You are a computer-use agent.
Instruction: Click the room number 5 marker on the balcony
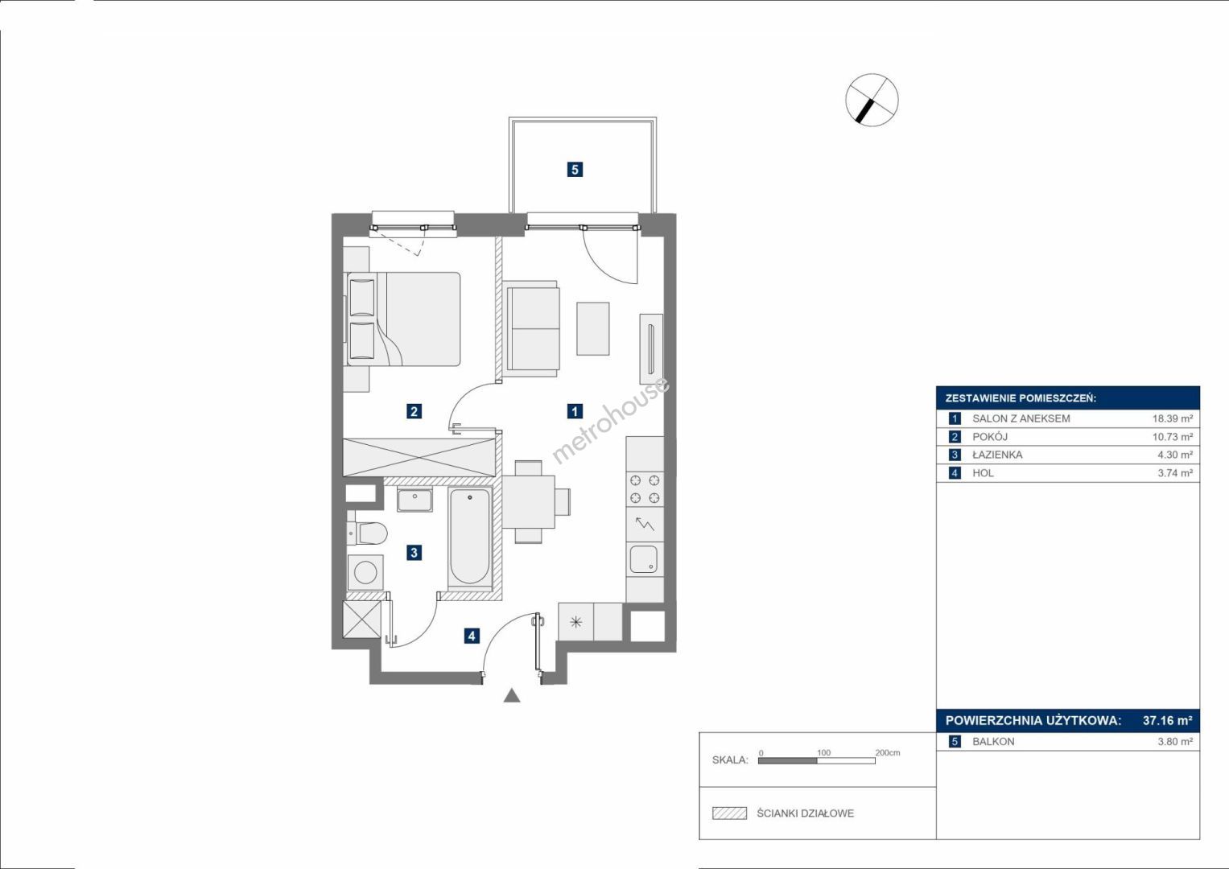[575, 170]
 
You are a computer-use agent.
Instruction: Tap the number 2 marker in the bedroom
[414, 411]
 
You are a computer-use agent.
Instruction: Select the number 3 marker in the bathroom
[414, 553]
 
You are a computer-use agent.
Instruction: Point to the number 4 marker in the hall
[472, 636]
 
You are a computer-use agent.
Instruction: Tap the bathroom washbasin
[414, 499]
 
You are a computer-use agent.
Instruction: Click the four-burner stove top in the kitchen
[645, 489]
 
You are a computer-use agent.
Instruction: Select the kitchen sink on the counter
[644, 559]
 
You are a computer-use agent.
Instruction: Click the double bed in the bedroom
[402, 319]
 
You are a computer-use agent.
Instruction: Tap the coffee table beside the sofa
[592, 328]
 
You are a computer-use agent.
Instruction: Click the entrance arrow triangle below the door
[512, 695]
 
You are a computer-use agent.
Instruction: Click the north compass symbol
[872, 100]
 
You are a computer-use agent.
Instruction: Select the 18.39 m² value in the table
[1173, 418]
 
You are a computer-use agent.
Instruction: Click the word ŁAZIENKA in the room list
[997, 455]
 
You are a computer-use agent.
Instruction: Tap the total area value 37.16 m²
[1168, 720]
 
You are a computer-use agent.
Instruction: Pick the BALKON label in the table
[994, 742]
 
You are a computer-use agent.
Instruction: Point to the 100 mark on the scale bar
[823, 752]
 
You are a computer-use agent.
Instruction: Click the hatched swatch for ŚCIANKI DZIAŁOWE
[730, 813]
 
